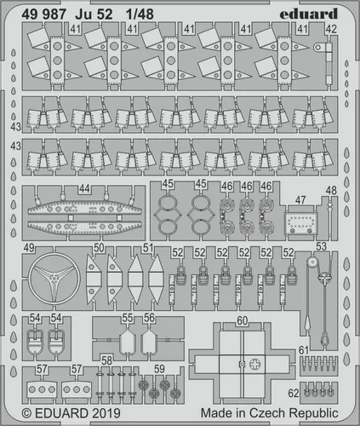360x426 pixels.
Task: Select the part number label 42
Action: [x=329, y=28]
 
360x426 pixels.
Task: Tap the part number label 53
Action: [x=321, y=247]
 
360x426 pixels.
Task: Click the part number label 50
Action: [x=99, y=248]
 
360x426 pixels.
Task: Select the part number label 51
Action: [x=148, y=248]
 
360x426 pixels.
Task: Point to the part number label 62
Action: [x=293, y=394]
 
